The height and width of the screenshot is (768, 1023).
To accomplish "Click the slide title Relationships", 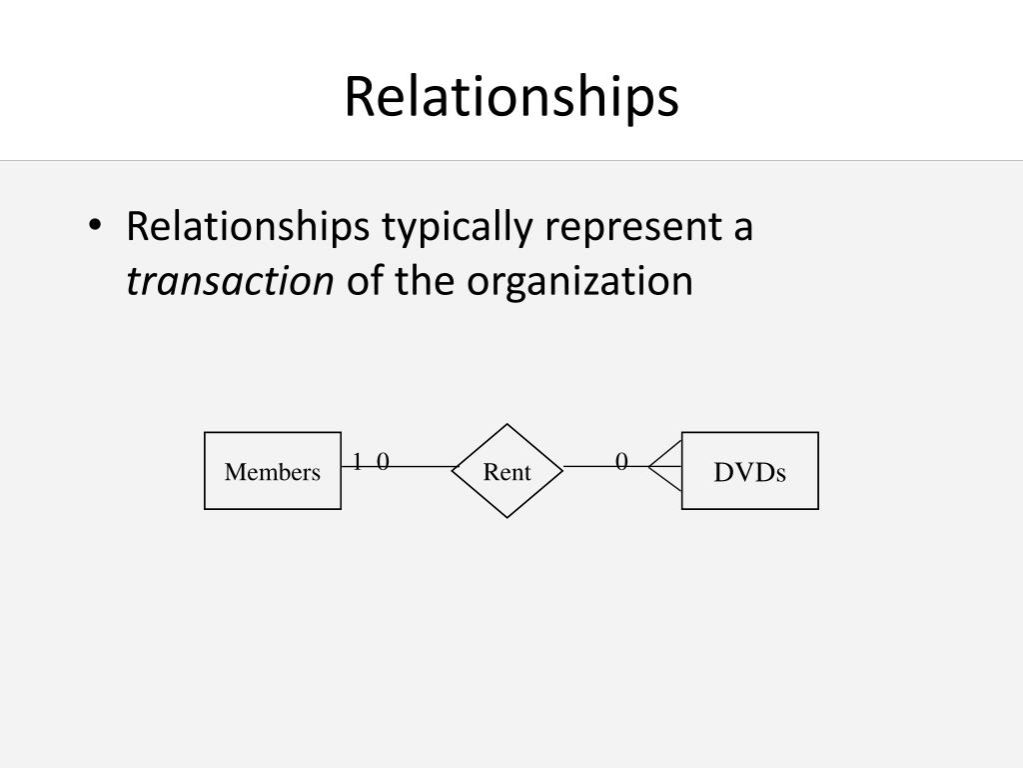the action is tap(511, 97).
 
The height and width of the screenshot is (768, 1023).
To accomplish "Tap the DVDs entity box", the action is tap(749, 495).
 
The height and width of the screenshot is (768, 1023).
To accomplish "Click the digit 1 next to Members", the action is tap(357, 460).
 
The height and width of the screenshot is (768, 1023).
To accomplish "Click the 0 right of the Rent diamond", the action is tap(621, 461).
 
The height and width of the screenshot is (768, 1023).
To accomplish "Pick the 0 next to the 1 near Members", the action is tap(383, 460).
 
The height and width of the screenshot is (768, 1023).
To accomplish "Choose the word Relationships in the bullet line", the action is tap(247, 227).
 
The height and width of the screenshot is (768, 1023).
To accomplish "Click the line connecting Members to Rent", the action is tap(420, 467).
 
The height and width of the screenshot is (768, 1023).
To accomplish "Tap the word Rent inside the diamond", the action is tap(508, 472).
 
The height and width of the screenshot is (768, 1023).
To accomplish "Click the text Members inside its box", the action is tap(273, 472).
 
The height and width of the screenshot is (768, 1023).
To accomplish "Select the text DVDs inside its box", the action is tap(749, 472).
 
